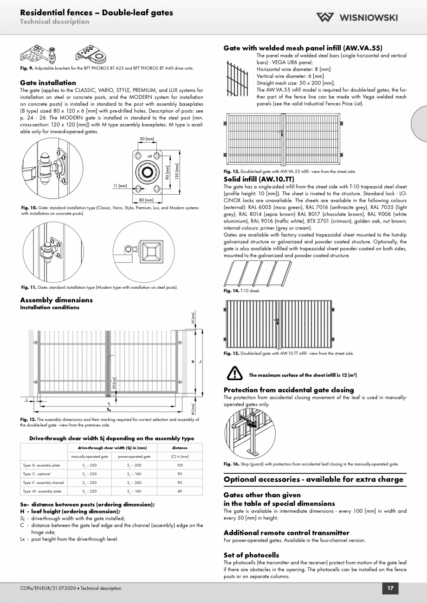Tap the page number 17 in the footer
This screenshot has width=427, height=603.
(x=390, y=588)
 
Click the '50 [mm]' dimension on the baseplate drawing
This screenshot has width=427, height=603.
(x=147, y=139)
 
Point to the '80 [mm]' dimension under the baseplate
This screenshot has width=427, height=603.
(x=146, y=200)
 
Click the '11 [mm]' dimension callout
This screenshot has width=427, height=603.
(x=120, y=185)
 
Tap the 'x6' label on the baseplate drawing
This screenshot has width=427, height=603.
(x=149, y=156)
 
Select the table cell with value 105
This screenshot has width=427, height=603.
(x=180, y=465)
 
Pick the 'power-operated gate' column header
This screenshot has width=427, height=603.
(x=134, y=457)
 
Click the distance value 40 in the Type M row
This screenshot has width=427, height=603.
(x=180, y=491)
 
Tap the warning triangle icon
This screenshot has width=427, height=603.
(x=234, y=374)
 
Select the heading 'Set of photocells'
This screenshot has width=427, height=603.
(x=251, y=555)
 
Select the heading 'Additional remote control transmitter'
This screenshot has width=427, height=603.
(x=286, y=533)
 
